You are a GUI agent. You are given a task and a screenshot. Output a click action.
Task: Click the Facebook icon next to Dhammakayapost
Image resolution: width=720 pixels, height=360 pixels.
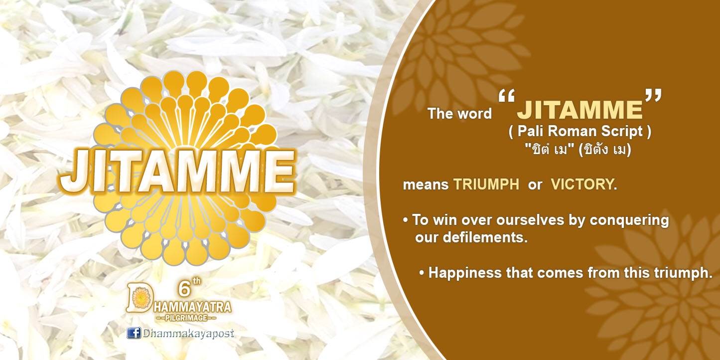point(134,333)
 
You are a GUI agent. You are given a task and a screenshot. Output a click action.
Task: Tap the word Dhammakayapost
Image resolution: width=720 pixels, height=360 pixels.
point(189,333)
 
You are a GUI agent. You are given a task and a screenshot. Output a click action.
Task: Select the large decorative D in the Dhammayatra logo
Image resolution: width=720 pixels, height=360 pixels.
point(140,298)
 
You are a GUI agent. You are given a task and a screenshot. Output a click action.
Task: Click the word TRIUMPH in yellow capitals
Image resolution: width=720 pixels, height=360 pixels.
point(486,184)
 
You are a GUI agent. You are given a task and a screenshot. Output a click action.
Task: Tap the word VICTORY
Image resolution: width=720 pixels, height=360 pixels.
point(582,184)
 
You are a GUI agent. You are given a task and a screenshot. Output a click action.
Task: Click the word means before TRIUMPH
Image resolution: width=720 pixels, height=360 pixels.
point(426,185)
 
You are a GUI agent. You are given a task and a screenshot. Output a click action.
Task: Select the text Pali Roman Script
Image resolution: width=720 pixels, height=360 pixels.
point(580,131)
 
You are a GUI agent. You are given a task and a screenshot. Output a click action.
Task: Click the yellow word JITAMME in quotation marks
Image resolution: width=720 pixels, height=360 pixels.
point(580,109)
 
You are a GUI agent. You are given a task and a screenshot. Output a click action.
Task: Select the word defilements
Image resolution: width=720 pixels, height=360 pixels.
point(485,237)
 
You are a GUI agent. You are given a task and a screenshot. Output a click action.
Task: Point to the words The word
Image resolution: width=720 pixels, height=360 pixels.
point(459,114)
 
